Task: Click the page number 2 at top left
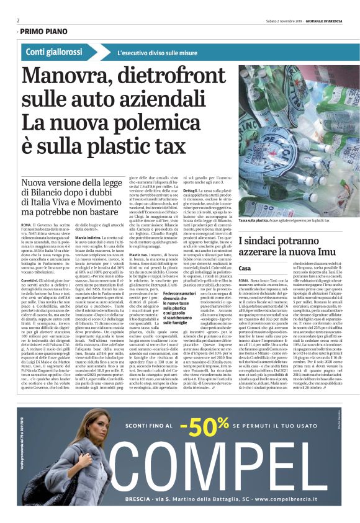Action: pos(19,20)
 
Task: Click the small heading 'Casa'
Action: pos(245,268)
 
